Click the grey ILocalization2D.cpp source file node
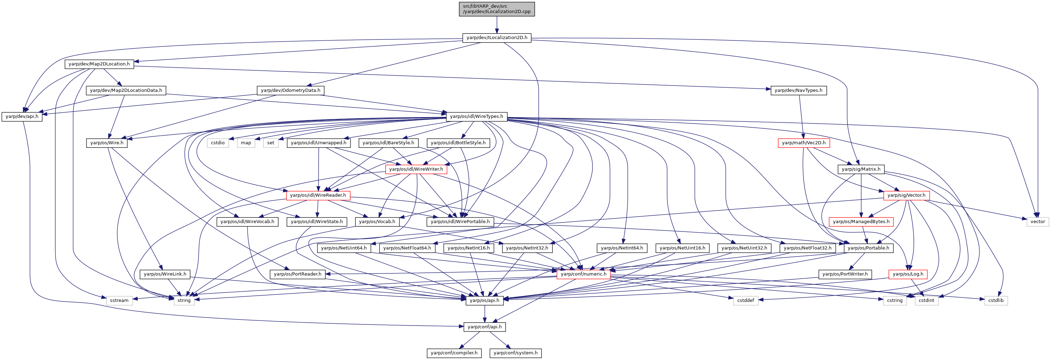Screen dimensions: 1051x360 [x=496, y=9]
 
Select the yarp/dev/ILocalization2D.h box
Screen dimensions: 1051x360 [x=496, y=38]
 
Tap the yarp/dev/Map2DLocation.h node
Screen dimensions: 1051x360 [x=99, y=64]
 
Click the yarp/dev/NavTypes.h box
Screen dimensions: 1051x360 [x=799, y=90]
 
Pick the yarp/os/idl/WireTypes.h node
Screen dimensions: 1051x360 [x=476, y=117]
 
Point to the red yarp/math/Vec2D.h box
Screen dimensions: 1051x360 [x=804, y=143]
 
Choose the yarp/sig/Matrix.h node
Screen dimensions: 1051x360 [x=861, y=169]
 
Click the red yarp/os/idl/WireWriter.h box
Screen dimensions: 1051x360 [x=416, y=169]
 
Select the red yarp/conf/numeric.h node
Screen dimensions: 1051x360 [x=583, y=274]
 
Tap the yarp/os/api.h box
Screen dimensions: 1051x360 [x=484, y=301]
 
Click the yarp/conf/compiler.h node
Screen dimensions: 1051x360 [x=454, y=353]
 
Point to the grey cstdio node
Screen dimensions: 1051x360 [x=218, y=143]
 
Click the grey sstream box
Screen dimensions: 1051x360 [x=119, y=301]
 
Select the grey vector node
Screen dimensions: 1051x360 [x=1038, y=222]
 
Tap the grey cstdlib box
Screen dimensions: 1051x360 [x=996, y=301]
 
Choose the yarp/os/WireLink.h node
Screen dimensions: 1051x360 [x=165, y=274]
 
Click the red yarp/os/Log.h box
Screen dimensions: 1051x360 [x=908, y=274]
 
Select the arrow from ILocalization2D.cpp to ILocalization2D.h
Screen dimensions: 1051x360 [x=496, y=25]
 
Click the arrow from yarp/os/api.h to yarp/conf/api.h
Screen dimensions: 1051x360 [x=484, y=314]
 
